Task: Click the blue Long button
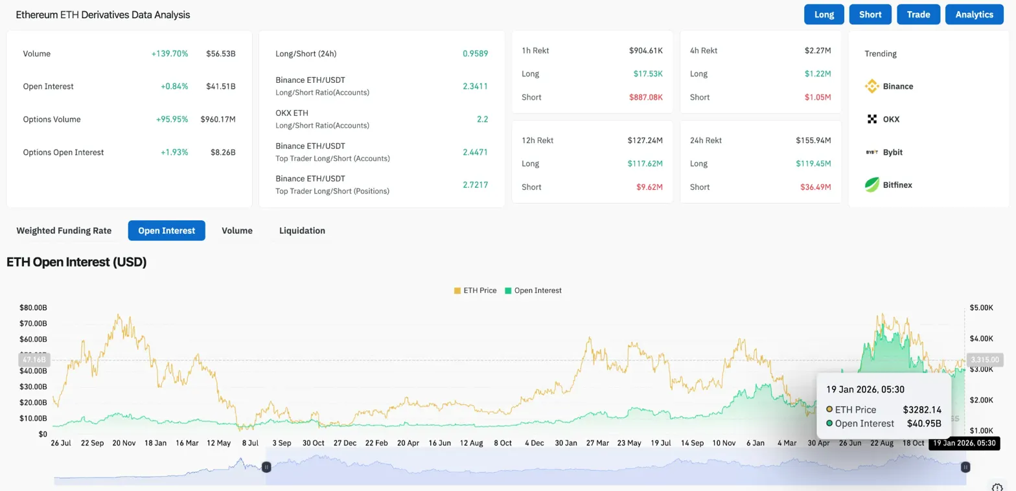[x=824, y=14]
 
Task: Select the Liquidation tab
[x=302, y=231]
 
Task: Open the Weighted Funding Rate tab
[x=63, y=231]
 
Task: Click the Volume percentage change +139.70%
[x=170, y=54]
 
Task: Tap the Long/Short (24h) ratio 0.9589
[x=475, y=54]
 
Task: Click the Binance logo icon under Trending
[x=872, y=86]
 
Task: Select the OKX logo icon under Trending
[x=872, y=119]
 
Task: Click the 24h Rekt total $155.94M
[x=813, y=140]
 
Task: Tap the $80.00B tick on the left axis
[x=33, y=308]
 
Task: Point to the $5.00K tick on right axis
[x=981, y=308]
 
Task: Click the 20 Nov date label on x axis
[x=124, y=443]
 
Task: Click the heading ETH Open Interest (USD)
[x=76, y=262]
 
